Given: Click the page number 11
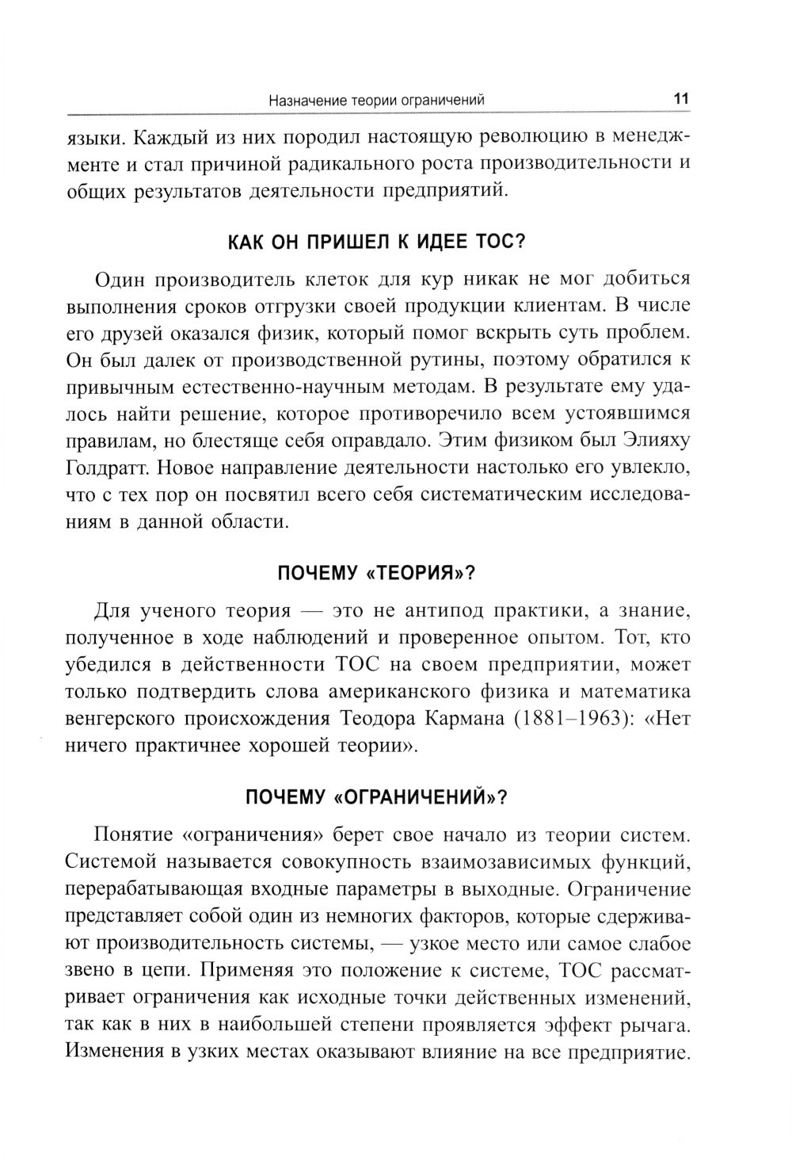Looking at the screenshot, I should click(x=680, y=100).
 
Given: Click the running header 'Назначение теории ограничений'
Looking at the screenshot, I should click(x=376, y=101).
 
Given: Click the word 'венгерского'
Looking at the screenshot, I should click(x=120, y=719).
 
